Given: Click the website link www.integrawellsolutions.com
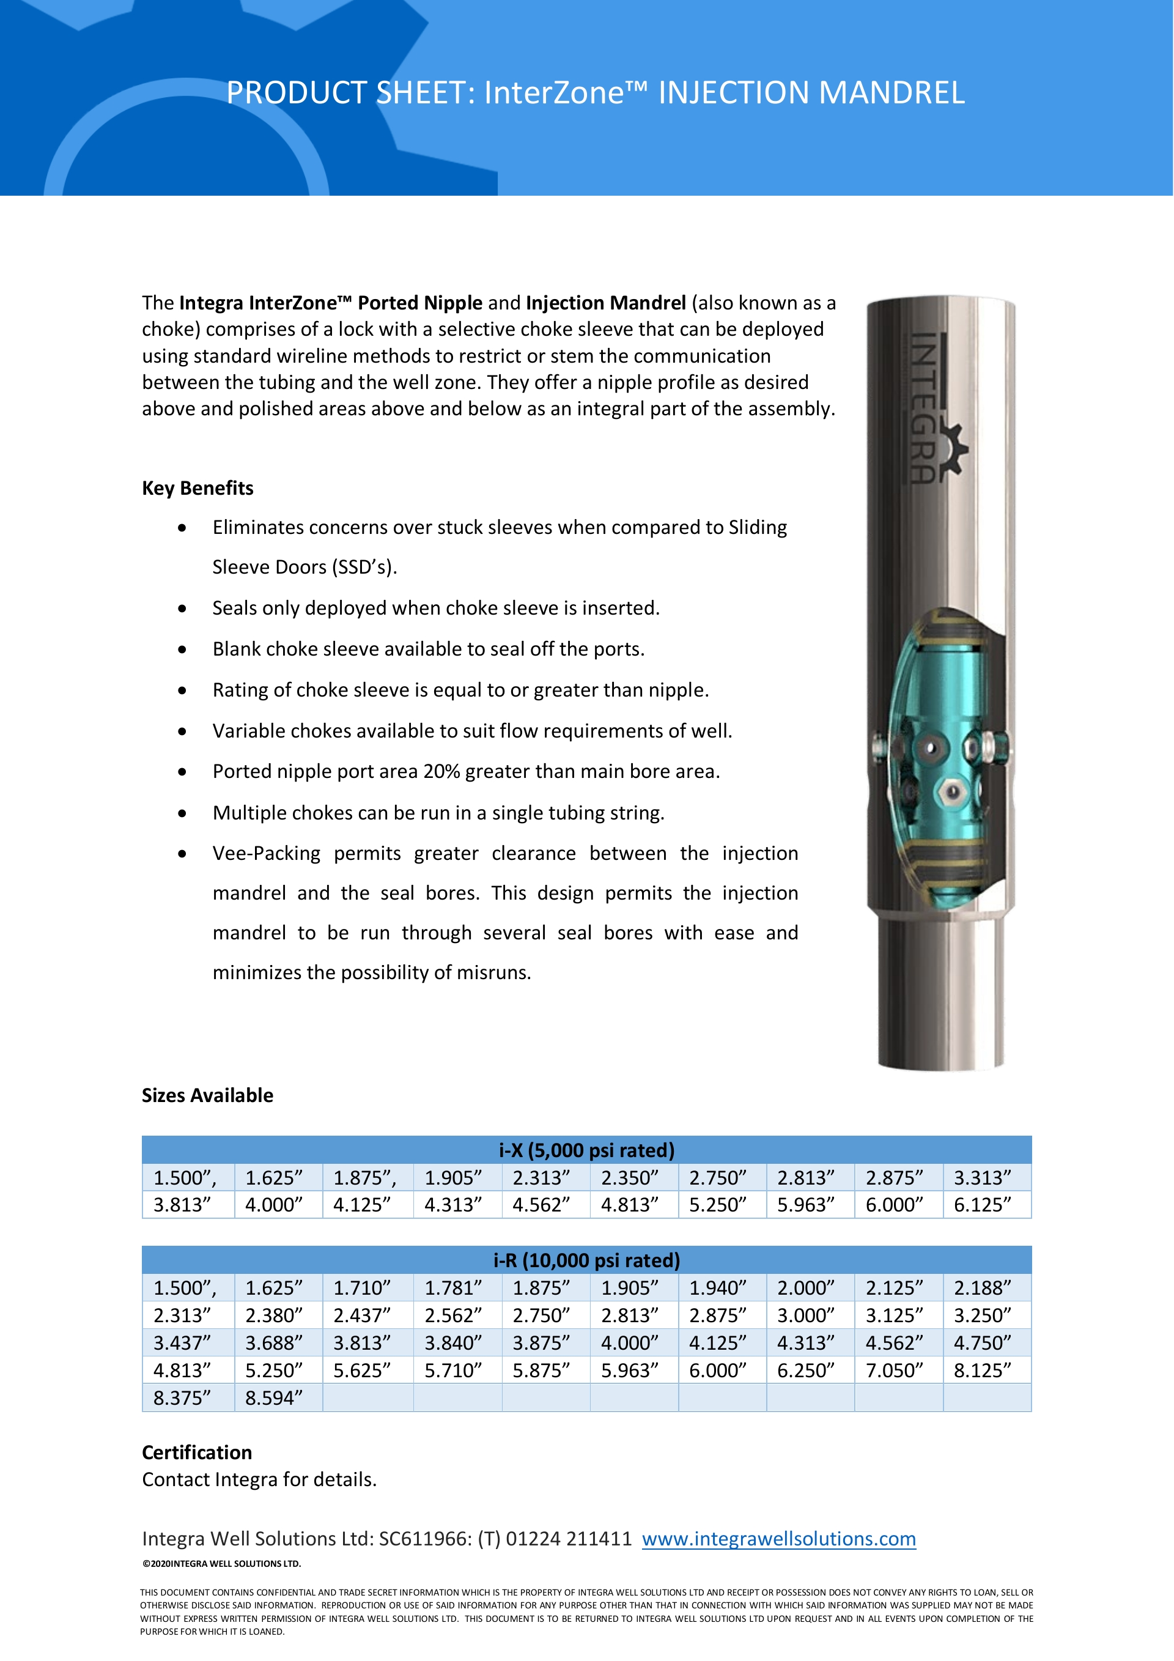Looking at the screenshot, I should click(778, 1538).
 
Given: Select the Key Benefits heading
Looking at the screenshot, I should click(198, 488).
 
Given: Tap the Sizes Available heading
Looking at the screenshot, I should click(208, 1095).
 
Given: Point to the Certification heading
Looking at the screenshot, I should click(197, 1452).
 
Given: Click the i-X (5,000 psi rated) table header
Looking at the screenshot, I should click(586, 1150).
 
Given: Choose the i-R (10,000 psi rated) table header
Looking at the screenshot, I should click(586, 1260).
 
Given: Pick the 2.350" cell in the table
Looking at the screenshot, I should click(629, 1178).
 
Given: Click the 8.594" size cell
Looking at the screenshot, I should click(273, 1397).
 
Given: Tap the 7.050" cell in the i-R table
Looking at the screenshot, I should click(894, 1370).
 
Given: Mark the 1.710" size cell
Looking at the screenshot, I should click(361, 1288).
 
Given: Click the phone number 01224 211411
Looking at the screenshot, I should click(569, 1538).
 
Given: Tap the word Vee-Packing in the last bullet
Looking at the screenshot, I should click(266, 854).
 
